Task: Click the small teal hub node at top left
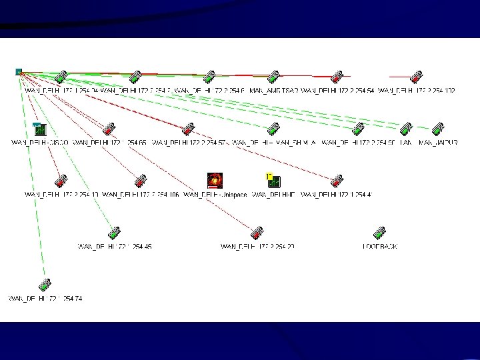click(x=19, y=71)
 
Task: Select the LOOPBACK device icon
click(x=380, y=233)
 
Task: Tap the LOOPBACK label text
click(x=380, y=247)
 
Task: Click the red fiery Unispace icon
click(x=215, y=180)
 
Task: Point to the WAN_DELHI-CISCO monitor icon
click(x=39, y=129)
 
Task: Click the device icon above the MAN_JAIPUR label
click(x=438, y=129)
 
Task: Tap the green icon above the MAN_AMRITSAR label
click(x=273, y=77)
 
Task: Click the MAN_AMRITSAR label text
click(x=273, y=91)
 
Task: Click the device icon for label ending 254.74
click(x=45, y=285)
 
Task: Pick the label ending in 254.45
click(x=115, y=247)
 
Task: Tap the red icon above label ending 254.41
click(x=337, y=181)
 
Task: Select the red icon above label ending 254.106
click(x=140, y=181)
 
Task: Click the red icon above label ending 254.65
click(x=109, y=129)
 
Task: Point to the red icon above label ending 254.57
click(x=189, y=129)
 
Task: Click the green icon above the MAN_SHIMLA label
click(x=273, y=129)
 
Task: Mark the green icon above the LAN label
click(x=407, y=129)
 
